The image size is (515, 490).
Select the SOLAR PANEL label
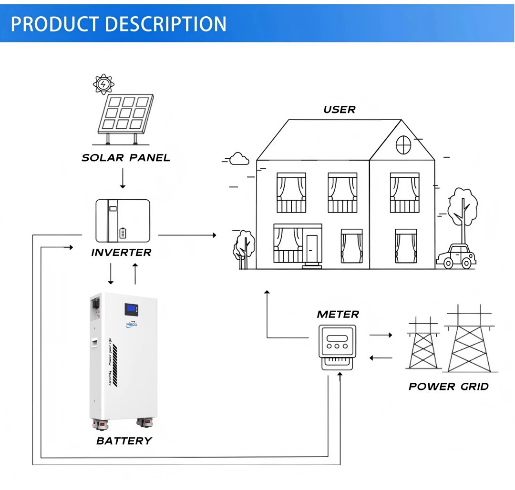point(126,158)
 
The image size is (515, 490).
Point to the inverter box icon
point(123,221)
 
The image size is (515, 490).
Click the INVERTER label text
point(121,253)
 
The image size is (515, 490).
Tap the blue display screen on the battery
point(132,310)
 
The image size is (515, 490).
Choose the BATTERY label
point(124,441)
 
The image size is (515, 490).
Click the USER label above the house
point(339,110)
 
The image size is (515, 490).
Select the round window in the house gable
point(403,144)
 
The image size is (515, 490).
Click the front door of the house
point(312,249)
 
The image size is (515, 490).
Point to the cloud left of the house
point(239,159)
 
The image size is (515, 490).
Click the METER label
point(338,315)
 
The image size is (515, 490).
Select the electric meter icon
point(337,347)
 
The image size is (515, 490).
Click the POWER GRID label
point(448,387)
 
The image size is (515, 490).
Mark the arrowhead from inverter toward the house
point(214,235)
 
